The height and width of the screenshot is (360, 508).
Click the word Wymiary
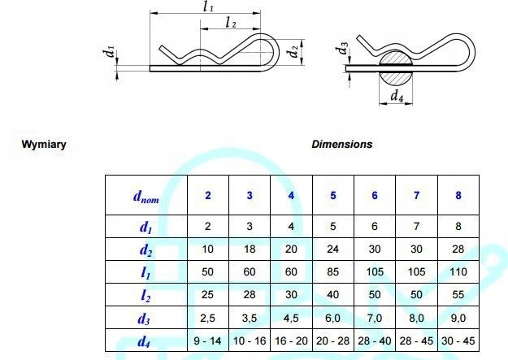44,145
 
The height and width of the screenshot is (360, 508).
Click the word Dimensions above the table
341,144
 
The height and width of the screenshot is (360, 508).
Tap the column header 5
332,196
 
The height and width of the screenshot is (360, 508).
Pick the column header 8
458,196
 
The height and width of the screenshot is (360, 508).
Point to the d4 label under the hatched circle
397,97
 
